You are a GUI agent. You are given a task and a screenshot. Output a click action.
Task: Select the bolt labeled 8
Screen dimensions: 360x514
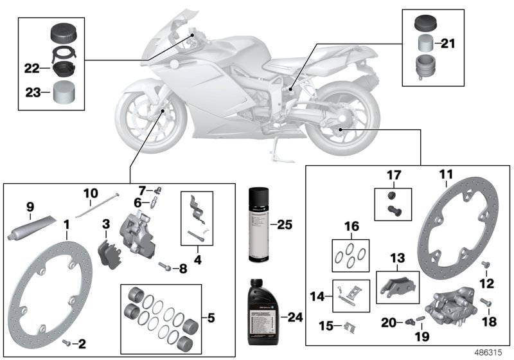click(166, 264)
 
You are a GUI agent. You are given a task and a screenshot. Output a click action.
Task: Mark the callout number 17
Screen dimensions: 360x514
click(393, 174)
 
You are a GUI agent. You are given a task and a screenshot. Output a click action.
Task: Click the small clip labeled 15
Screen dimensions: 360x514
click(350, 326)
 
